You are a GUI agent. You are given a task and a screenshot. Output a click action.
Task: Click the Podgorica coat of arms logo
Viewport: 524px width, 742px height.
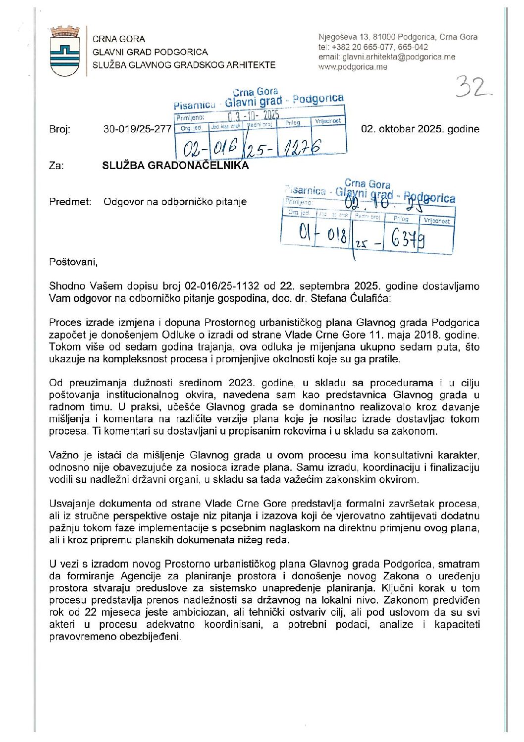[65, 52]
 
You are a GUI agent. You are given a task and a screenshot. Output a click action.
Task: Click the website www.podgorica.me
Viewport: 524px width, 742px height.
[352, 67]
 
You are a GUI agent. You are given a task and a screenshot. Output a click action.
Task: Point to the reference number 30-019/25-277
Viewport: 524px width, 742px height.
[137, 129]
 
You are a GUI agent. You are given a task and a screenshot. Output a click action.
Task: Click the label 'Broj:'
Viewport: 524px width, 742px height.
[59, 129]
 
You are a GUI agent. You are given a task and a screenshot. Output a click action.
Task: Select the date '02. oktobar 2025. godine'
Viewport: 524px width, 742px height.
[420, 129]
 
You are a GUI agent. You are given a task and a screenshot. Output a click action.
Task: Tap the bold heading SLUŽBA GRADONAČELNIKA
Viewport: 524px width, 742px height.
[175, 166]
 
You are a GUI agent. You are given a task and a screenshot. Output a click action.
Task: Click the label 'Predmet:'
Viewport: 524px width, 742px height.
[70, 202]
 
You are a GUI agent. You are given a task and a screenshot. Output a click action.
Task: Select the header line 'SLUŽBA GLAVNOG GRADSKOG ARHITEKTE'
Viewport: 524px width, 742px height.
[184, 65]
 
